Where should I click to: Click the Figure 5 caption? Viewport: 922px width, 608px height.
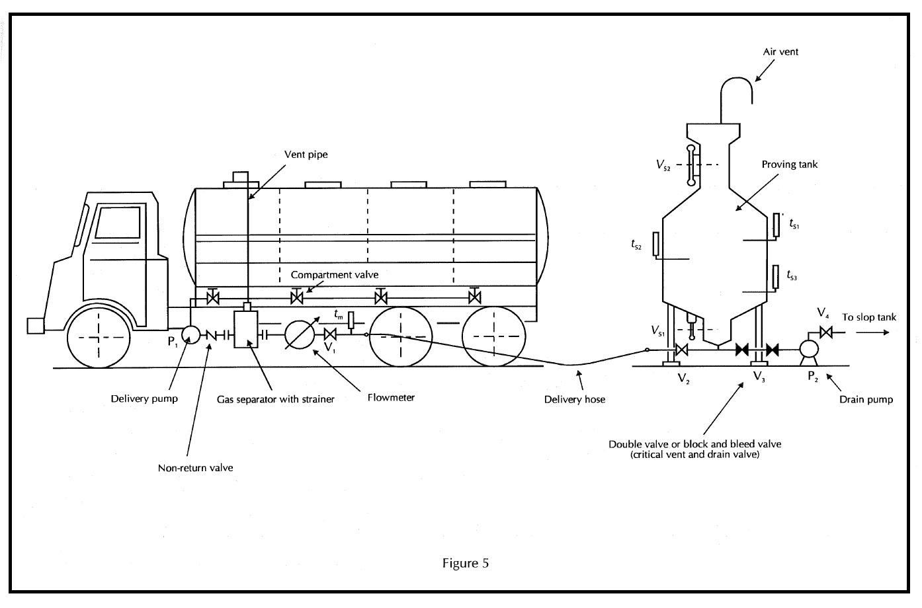(466, 563)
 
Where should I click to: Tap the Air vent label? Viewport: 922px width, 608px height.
(780, 52)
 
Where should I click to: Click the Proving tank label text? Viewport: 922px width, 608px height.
(789, 164)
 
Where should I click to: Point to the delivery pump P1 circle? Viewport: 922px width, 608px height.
(190, 335)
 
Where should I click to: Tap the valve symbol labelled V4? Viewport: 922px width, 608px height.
(825, 332)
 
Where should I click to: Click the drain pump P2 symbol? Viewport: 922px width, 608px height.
(808, 350)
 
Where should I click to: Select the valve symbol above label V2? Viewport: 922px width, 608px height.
(683, 350)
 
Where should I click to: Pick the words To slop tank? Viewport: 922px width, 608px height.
(869, 317)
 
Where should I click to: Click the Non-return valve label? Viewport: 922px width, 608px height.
(195, 468)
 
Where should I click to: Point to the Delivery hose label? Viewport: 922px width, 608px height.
(574, 399)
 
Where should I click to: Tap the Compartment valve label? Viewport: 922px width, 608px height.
(335, 274)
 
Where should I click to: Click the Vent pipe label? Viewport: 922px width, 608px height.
(306, 155)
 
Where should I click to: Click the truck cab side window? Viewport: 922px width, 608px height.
(118, 221)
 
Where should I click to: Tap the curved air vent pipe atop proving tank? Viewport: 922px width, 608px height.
(736, 89)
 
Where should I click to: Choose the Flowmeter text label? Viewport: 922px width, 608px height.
(391, 398)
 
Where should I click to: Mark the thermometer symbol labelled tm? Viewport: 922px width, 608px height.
(351, 319)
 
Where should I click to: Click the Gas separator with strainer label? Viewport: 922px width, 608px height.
(276, 399)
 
